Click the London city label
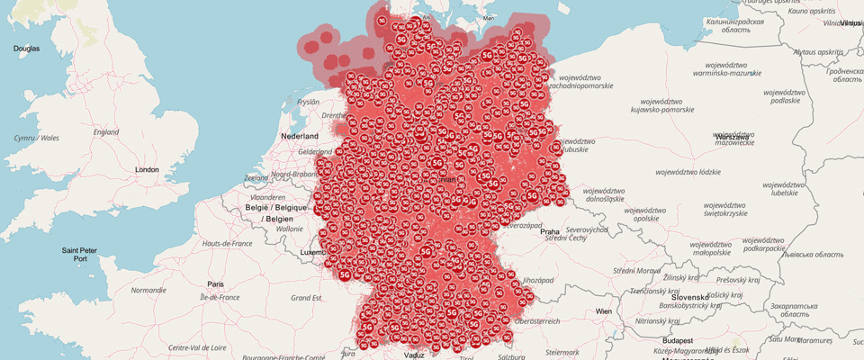[146, 169]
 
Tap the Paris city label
[215, 283]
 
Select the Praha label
[550, 231]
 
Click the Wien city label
[602, 311]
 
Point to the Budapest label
[673, 342]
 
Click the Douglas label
[26, 48]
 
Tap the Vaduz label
[414, 355]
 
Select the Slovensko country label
[690, 297]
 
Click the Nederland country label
[301, 135]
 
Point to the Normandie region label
[148, 291]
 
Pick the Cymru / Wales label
[36, 138]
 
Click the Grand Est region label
[305, 298]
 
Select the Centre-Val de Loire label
[198, 347]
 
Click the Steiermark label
[562, 352]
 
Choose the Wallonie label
[289, 229]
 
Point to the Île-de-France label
[220, 297]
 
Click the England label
[106, 132]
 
